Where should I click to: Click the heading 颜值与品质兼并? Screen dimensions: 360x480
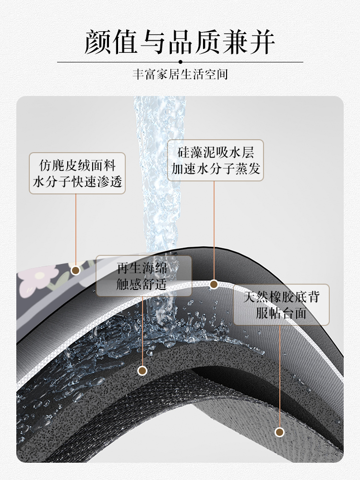[180, 42]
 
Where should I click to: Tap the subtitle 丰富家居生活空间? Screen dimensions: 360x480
[180, 75]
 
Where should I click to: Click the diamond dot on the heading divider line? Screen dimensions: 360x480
[180, 62]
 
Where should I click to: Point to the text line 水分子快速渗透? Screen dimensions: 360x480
[77, 181]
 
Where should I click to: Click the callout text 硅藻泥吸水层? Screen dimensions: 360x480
[216, 153]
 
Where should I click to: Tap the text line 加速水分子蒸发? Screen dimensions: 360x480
[216, 168]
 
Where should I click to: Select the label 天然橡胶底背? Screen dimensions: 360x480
[281, 297]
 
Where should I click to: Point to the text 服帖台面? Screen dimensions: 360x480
[281, 313]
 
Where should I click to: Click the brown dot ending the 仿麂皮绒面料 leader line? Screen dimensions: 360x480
[75, 270]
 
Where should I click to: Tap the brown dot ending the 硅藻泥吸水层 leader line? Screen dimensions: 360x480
[214, 284]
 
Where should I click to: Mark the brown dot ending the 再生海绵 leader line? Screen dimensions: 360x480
[142, 371]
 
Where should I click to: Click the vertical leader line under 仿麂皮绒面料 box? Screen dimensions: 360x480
[76, 230]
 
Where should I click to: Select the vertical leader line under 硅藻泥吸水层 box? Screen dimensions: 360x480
[214, 230]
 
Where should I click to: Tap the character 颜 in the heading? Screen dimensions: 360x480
[98, 42]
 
